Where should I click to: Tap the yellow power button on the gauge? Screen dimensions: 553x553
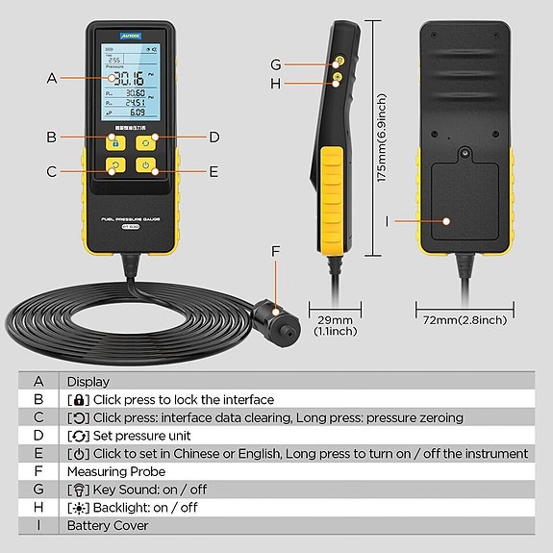tap(145, 165)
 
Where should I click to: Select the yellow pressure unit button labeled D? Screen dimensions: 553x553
tap(145, 140)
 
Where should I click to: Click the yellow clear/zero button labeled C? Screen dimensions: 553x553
tap(115, 165)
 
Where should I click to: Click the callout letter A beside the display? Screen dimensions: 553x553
tap(52, 78)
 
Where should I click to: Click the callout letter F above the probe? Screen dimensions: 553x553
tap(275, 252)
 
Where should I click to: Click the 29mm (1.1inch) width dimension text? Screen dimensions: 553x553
tap(335, 325)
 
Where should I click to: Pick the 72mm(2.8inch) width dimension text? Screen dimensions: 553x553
tap(465, 319)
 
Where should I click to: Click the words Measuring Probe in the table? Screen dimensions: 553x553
tap(115, 471)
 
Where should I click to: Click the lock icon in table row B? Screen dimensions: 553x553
tap(78, 399)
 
